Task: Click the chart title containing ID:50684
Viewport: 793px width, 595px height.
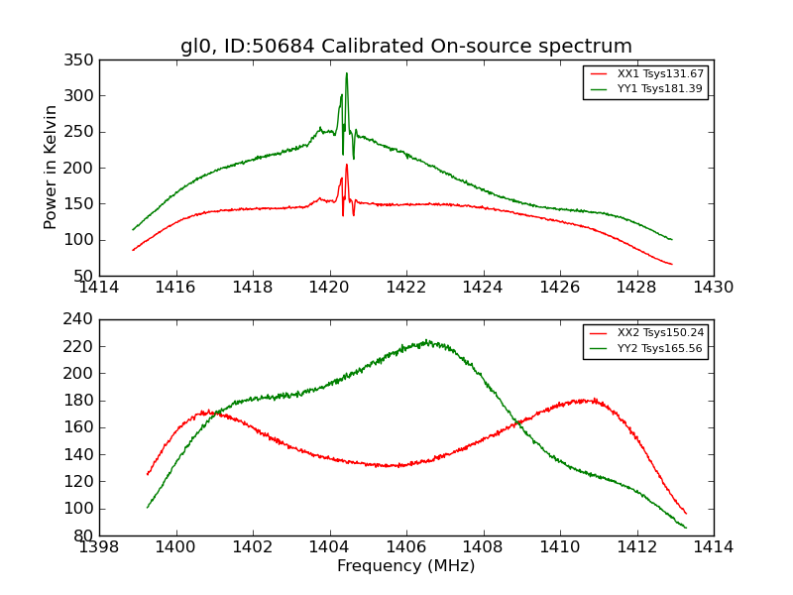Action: (406, 46)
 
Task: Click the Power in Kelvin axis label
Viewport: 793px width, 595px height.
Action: (51, 168)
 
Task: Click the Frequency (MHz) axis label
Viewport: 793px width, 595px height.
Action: (406, 566)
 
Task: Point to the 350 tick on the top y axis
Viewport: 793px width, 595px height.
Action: (83, 60)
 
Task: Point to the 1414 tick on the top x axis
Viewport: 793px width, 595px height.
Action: (100, 288)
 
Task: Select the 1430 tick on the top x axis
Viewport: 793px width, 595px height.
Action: (713, 288)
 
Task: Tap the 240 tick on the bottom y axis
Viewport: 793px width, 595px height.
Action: (83, 319)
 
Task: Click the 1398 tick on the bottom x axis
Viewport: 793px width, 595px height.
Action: (100, 546)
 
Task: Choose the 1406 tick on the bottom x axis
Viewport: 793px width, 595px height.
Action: (406, 546)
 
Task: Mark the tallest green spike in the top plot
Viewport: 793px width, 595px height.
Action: (346, 73)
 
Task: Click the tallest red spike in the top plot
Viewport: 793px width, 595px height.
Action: (346, 165)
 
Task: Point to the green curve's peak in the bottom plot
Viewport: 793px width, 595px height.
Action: (426, 341)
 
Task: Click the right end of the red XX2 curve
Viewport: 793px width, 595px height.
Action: (686, 513)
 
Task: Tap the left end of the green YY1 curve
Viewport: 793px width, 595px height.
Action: (133, 229)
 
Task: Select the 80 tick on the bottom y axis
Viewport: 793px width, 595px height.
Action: (83, 535)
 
